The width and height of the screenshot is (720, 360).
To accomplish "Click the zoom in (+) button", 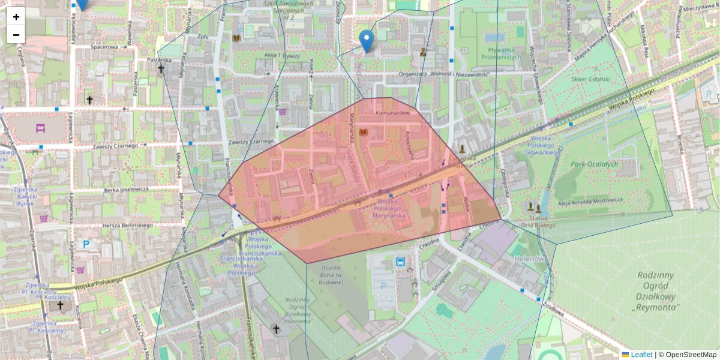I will pos(16,17).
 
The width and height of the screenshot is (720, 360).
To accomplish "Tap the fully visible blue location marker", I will pos(366,41).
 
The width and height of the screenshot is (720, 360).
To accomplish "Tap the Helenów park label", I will pos(529,259).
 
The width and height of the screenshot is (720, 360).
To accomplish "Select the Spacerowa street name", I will pos(104,46).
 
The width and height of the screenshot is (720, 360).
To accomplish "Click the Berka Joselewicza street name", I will pos(126,189).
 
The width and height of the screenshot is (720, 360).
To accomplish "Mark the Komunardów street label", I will pos(392,113).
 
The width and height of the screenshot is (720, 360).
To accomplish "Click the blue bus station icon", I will pos(400,262).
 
